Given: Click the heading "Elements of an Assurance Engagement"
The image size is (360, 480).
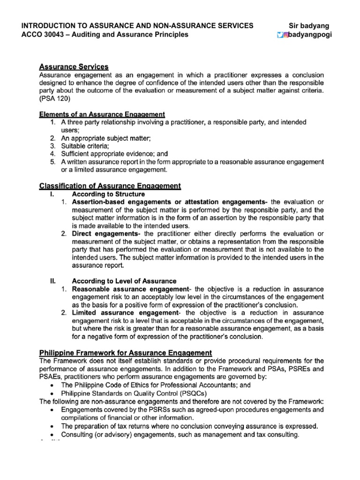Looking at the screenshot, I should tap(102, 114).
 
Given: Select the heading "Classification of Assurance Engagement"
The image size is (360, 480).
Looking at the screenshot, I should tap(110, 186).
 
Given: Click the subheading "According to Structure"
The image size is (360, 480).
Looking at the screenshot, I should tap(108, 194).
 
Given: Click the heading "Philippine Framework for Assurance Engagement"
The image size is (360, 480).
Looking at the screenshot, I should tap(125, 352).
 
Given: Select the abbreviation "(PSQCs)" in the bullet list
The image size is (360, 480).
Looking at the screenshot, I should tap(192, 393).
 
